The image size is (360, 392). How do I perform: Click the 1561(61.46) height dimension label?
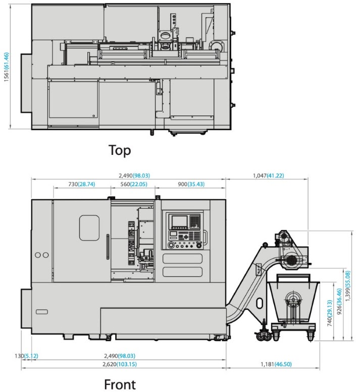(6, 67)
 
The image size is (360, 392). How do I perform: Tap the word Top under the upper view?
(120, 150)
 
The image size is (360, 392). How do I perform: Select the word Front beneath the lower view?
(120, 384)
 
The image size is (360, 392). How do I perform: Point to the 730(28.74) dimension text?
(82, 184)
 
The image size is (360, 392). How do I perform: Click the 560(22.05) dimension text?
(134, 184)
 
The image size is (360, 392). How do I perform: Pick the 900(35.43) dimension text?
(191, 184)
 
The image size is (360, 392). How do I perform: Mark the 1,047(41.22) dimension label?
(269, 176)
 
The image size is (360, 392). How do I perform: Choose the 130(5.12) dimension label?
(26, 356)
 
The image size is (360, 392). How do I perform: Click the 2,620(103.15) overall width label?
(120, 364)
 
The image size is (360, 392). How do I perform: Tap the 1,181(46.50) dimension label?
(276, 364)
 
